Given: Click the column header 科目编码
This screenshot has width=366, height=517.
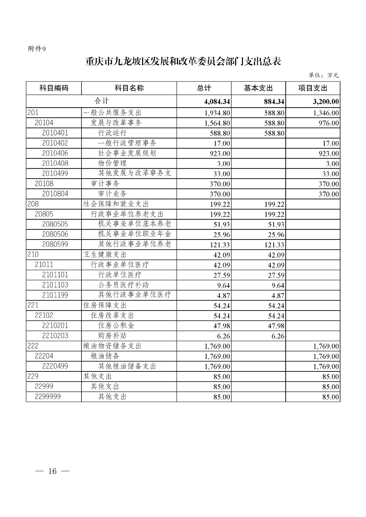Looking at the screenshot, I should pos(54,88).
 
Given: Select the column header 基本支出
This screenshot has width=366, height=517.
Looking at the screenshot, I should pos(258,88).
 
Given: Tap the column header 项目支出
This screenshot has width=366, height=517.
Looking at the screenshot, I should pos(312,88).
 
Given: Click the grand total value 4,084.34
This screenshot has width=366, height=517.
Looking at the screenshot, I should pos(217,102).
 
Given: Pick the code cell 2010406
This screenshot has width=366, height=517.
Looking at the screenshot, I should pos(55,153).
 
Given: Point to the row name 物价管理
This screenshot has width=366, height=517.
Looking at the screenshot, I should pos(112,163).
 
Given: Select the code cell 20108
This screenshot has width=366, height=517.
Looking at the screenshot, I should pos(44,184).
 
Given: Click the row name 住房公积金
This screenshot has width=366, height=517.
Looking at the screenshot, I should pos(116,326).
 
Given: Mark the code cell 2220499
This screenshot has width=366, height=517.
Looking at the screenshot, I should pos(55,366).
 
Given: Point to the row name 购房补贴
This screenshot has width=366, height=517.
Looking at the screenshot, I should pos(112,336).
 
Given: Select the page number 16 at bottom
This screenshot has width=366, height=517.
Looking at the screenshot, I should pos(52,471).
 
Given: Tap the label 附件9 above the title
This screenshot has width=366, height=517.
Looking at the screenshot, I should pos(36,49).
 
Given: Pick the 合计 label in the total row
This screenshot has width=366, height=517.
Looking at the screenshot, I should pos(102,101).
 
